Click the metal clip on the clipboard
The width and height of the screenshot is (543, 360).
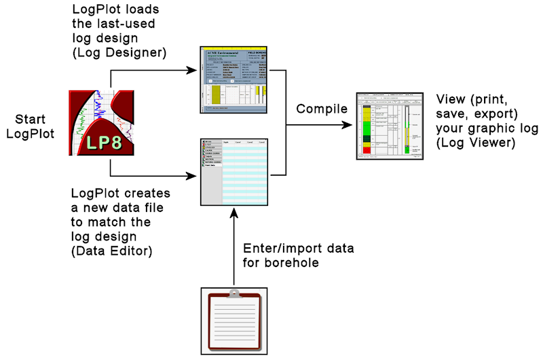[233, 294]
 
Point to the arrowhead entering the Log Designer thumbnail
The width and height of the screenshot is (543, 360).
[195, 69]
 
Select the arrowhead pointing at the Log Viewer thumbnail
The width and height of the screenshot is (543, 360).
[350, 125]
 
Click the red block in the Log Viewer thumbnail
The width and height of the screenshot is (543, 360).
[367, 149]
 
